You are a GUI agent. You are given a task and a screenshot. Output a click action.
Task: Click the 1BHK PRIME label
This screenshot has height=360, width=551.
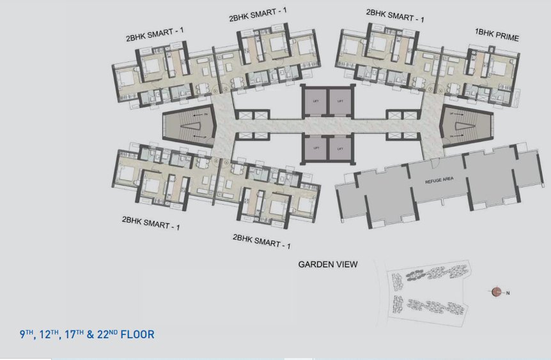496,38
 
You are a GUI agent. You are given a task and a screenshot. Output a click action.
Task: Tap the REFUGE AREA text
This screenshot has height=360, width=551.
439,181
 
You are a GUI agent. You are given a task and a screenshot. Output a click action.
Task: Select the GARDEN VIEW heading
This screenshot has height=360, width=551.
328,264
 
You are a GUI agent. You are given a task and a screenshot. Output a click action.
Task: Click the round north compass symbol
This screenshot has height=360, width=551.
497,292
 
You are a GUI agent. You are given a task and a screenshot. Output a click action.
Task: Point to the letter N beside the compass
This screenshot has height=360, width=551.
508,293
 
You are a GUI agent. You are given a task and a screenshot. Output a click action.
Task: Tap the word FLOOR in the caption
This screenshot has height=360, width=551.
137,334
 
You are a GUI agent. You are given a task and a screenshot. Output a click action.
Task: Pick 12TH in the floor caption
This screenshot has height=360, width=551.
49,334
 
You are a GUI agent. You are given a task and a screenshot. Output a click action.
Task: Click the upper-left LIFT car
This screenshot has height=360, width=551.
316,102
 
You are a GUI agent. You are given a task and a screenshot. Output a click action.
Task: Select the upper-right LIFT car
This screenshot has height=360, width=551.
340,102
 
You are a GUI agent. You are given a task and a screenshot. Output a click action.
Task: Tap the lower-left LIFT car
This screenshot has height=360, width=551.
316,148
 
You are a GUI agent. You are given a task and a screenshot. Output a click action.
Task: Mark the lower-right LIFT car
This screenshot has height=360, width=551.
340,148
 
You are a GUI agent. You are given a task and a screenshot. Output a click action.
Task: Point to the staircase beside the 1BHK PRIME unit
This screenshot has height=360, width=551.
462,126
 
